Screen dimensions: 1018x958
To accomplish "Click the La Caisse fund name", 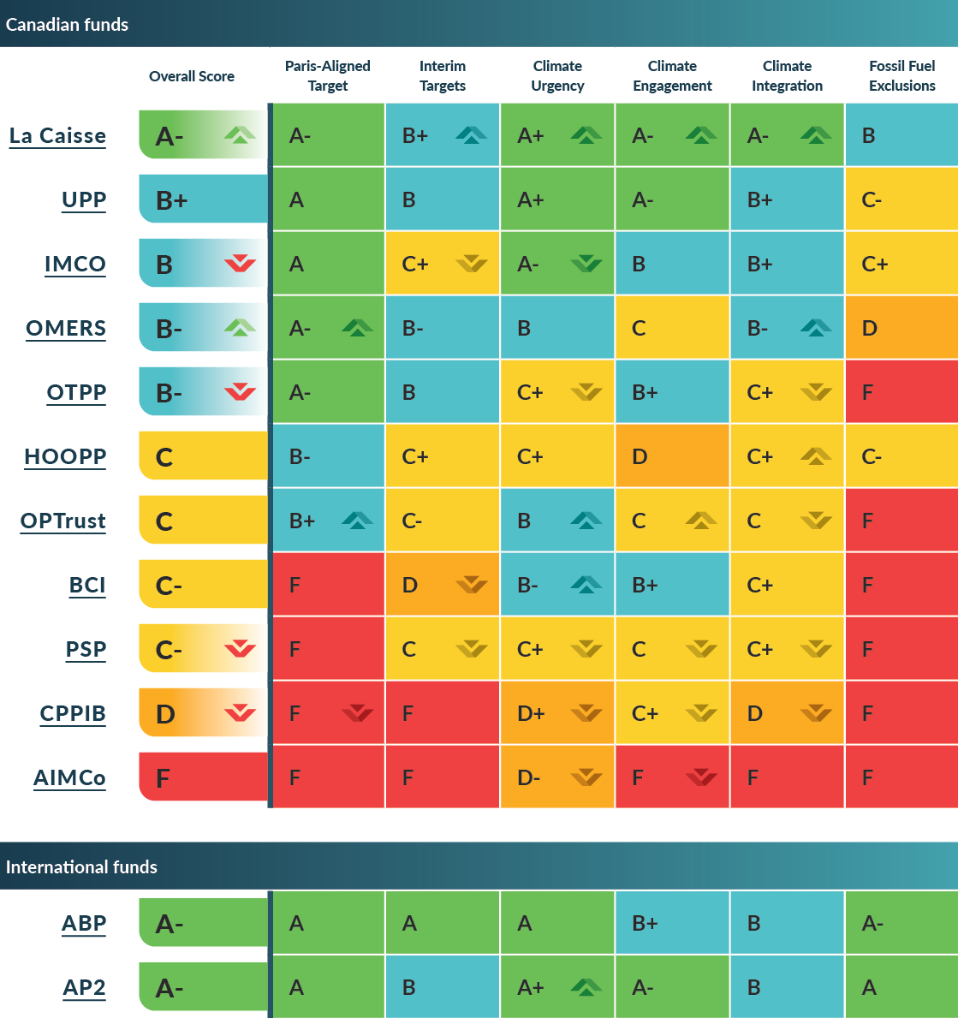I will tap(57, 136).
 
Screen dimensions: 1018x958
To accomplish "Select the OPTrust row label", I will tap(63, 521).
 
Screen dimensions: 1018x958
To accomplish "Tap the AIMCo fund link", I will tap(69, 778).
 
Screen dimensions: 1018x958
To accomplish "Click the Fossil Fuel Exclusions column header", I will tap(901, 75).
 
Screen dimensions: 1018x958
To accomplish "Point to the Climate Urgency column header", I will tap(557, 75).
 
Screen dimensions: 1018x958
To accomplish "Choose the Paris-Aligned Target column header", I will tap(327, 75).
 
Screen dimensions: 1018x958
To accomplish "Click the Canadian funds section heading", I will tap(67, 24).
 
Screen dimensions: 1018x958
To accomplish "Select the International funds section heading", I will tap(81, 866).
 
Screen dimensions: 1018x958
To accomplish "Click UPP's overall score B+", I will tap(172, 200).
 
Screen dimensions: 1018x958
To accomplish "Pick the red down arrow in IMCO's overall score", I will tap(240, 264).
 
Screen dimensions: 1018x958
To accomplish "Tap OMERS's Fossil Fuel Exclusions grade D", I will tap(870, 328).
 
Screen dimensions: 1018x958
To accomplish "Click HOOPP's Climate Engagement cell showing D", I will tap(640, 456).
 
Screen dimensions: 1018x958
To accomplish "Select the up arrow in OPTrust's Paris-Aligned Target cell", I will tap(357, 520).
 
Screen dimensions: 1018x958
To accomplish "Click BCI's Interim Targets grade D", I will tap(410, 585).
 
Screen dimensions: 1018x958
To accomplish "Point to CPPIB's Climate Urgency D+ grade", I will tap(531, 713).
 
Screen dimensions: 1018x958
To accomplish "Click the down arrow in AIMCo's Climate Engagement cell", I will tap(701, 777).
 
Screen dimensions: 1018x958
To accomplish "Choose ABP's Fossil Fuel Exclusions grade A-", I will tap(872, 923).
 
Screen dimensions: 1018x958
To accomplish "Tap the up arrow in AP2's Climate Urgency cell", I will tap(586, 987).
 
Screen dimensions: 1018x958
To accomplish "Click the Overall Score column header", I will tap(192, 76).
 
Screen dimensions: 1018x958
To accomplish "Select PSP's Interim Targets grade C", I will tap(409, 649).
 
